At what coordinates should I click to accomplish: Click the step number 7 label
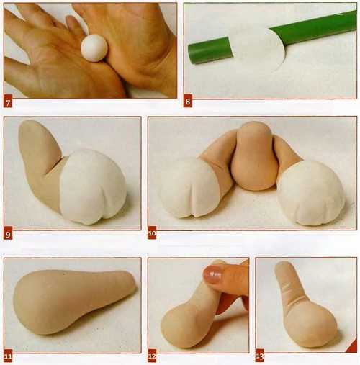coord(8,103)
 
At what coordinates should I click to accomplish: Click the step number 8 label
coord(188,102)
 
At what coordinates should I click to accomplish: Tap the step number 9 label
coord(8,234)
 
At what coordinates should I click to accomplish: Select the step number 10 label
coord(152,233)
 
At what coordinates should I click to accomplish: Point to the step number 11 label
coord(8,357)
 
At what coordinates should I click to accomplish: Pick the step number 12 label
coord(152,357)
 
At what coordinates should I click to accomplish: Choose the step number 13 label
coord(260,357)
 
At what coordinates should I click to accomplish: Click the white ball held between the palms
coord(94,48)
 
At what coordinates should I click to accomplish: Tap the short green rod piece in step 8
coord(210,50)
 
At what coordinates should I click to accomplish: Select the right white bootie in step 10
coord(311,193)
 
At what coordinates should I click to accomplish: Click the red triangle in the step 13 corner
coord(352,348)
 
